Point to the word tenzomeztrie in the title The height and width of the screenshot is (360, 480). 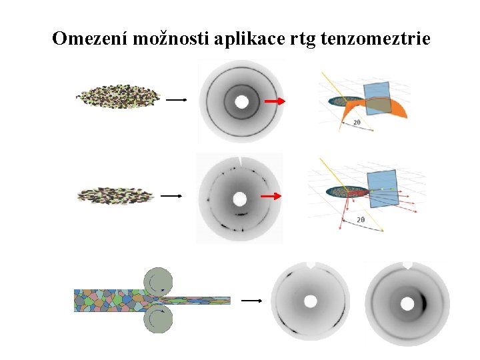click(x=375, y=39)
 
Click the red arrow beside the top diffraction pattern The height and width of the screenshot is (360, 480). click(x=273, y=101)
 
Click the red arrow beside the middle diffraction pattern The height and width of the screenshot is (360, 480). click(x=270, y=197)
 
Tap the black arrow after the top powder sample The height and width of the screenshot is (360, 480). click(x=175, y=100)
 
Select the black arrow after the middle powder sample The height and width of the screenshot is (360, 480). click(x=171, y=196)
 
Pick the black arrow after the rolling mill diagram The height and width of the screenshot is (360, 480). click(x=251, y=301)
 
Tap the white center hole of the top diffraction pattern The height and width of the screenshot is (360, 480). click(x=241, y=102)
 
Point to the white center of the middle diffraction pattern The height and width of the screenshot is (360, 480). click(x=239, y=199)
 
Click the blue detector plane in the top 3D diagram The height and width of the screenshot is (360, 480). click(x=377, y=98)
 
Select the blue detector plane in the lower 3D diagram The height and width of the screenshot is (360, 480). click(x=383, y=187)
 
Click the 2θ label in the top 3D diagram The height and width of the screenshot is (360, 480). click(x=357, y=122)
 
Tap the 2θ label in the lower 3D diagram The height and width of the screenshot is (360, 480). click(x=361, y=219)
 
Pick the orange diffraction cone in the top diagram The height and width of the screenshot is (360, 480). click(x=400, y=110)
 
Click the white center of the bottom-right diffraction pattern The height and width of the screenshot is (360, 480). click(x=405, y=303)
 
